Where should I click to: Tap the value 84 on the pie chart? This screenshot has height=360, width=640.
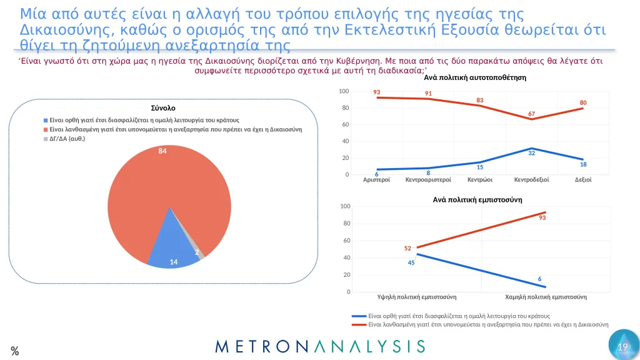pyautogui.click(x=162, y=151)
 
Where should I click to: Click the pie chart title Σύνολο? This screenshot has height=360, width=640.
pyautogui.click(x=163, y=108)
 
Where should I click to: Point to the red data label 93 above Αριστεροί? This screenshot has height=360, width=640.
pyautogui.click(x=377, y=92)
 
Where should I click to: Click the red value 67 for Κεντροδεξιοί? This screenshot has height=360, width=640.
pyautogui.click(x=532, y=114)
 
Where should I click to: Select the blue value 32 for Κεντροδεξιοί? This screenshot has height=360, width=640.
pyautogui.click(x=532, y=153)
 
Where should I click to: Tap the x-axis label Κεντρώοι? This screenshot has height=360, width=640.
pyautogui.click(x=480, y=180)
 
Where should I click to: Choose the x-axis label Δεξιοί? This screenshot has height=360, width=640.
pyautogui.click(x=583, y=180)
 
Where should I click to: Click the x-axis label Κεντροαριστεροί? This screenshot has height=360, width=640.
pyautogui.click(x=429, y=180)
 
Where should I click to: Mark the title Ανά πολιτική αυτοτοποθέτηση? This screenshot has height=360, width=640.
pyautogui.click(x=475, y=78)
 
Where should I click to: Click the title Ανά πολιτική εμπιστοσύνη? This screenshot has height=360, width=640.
pyautogui.click(x=477, y=199)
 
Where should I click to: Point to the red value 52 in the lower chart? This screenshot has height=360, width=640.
pyautogui.click(x=408, y=248)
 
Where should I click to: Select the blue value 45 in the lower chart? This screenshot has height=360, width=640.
pyautogui.click(x=411, y=262)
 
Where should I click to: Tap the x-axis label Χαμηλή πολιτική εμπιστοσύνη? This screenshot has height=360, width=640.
pyautogui.click(x=546, y=297)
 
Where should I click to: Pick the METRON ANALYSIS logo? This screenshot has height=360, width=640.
pyautogui.click(x=320, y=346)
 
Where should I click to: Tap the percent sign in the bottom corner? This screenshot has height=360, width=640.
pyautogui.click(x=14, y=351)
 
